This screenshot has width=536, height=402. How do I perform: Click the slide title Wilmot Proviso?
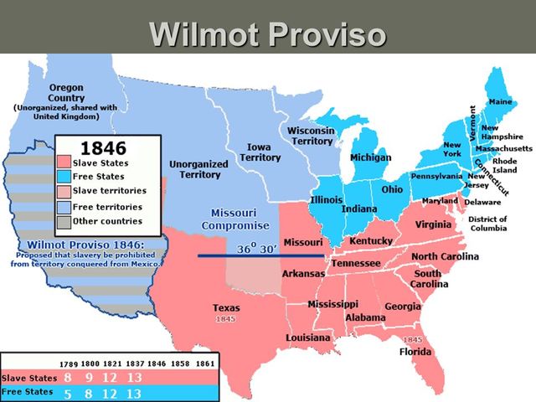268,33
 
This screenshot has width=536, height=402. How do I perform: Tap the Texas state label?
226,308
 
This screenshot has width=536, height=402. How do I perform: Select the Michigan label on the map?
370,158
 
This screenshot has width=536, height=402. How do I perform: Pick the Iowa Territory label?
260,152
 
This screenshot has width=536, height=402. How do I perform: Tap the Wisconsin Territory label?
312,136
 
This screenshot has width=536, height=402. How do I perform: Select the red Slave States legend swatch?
64,162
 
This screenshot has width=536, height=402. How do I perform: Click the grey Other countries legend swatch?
64,221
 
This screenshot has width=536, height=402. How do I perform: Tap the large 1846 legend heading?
99,147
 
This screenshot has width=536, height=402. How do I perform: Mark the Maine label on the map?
500,102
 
